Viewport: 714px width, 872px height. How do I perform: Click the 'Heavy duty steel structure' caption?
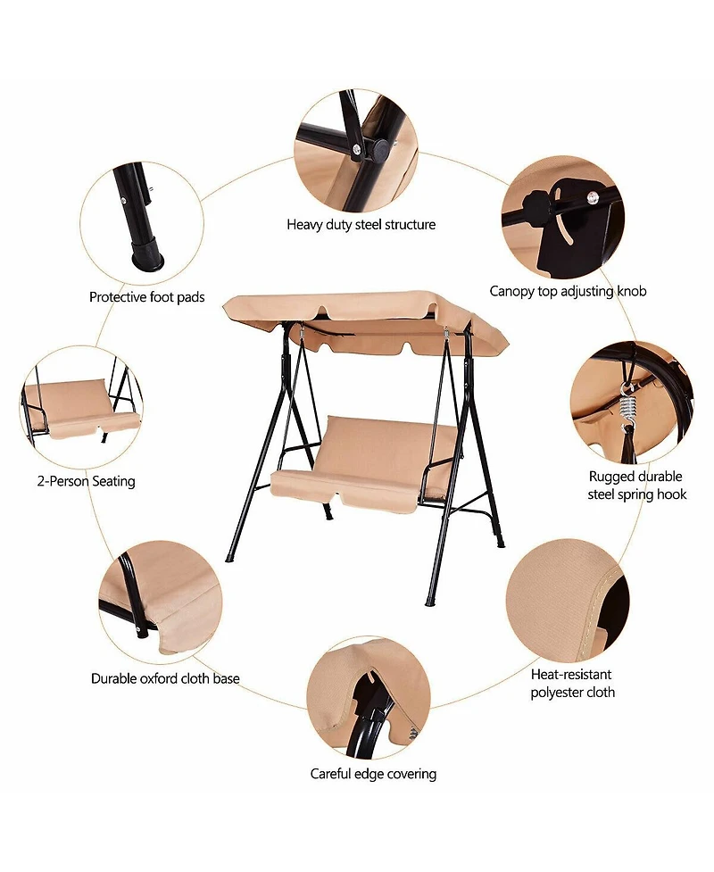[x=361, y=225]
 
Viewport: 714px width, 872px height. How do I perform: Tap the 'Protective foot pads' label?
[x=146, y=297]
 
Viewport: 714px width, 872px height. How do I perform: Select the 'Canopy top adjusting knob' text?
[x=568, y=291]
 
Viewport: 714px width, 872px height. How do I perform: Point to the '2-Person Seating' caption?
[x=87, y=481]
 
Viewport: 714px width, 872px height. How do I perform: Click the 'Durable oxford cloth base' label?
[x=165, y=678]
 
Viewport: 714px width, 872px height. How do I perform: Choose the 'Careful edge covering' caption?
[x=373, y=774]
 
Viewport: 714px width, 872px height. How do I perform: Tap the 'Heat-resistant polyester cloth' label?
[x=572, y=684]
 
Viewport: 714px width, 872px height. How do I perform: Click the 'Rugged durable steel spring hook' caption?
[x=636, y=485]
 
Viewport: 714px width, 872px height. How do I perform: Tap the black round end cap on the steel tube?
[x=380, y=150]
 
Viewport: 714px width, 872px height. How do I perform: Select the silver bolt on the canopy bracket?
[x=594, y=196]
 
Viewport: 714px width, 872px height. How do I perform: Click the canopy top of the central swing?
[x=366, y=323]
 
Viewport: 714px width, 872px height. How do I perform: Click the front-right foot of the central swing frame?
[x=428, y=602]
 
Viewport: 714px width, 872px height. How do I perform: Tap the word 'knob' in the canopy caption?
[x=631, y=290]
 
